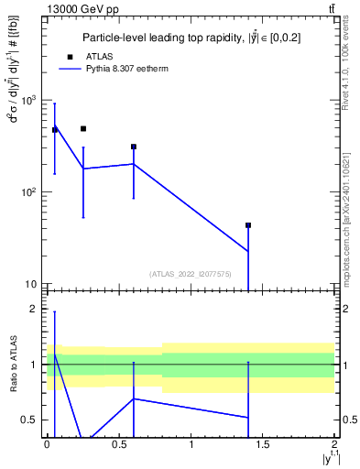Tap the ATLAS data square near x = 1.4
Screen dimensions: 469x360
click(x=248, y=225)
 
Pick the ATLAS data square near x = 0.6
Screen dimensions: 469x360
click(x=134, y=147)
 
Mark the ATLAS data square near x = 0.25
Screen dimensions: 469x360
click(x=83, y=129)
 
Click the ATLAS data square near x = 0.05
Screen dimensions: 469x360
click(x=55, y=130)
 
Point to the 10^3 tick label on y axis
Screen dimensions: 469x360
click(x=28, y=100)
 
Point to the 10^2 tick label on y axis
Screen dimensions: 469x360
click(x=28, y=192)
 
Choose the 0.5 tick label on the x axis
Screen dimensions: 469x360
click(x=119, y=443)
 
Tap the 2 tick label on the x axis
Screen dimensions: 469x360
click(x=334, y=443)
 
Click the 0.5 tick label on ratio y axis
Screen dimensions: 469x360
click(x=30, y=420)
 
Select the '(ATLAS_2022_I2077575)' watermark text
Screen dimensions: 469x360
click(x=190, y=273)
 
